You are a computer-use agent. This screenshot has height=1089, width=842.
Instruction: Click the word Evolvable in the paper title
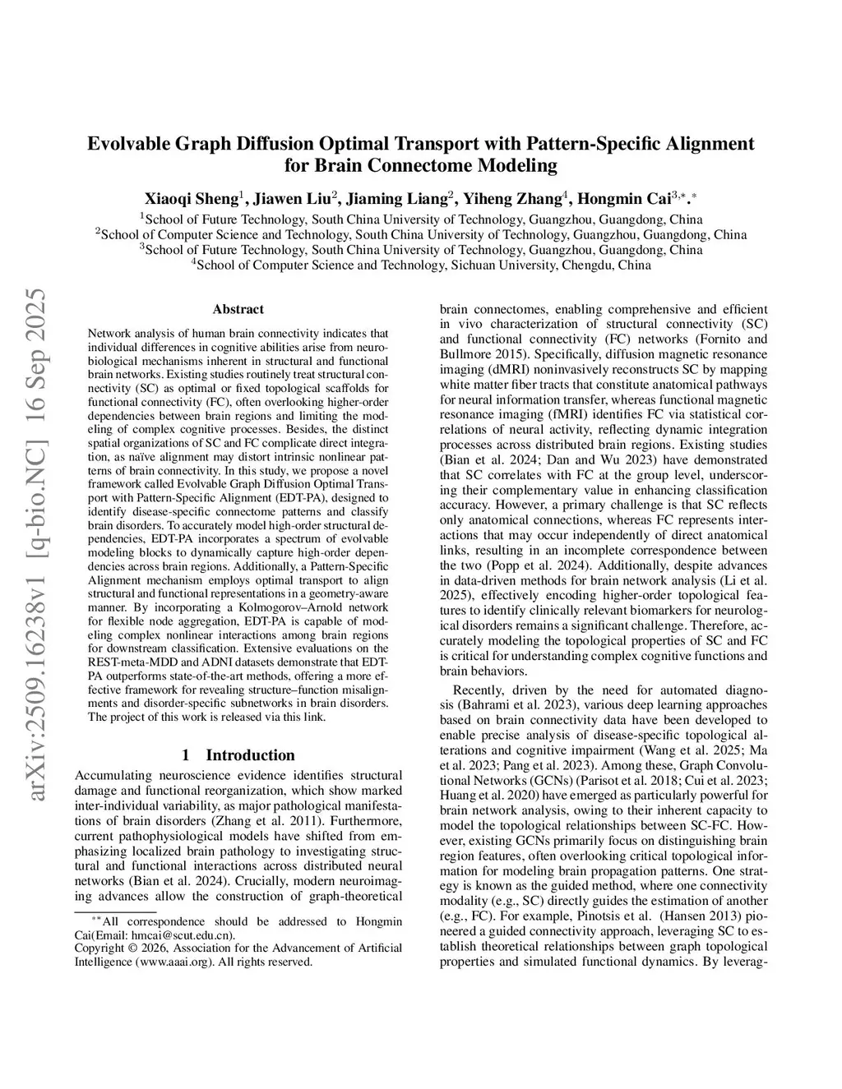pos(127,144)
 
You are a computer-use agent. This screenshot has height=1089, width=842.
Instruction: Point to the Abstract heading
pos(238,310)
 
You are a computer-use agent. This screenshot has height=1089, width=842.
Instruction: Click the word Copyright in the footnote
pos(99,948)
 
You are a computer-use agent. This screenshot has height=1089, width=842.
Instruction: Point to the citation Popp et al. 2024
pos(528,566)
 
